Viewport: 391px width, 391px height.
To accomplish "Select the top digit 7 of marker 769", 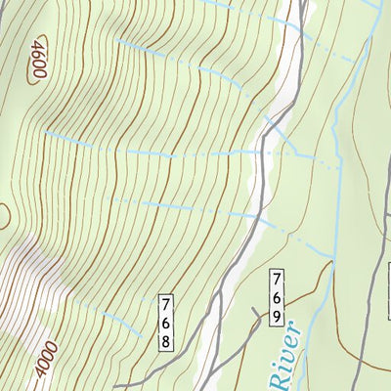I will click(x=278, y=278).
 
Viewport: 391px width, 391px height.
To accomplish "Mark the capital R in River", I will click(x=273, y=382).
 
